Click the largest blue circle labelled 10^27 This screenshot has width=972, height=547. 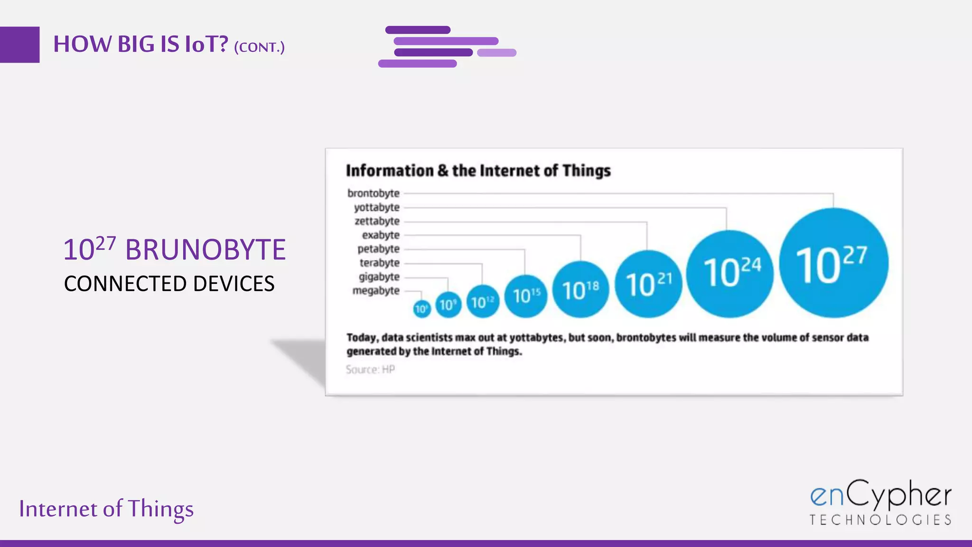pos(833,263)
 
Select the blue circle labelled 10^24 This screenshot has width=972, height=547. pos(730,273)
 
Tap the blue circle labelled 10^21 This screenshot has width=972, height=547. pos(648,284)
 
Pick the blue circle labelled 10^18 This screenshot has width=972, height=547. pos(580,289)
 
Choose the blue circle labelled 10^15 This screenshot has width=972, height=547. pos(525,296)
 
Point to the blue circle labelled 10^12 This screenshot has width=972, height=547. pos(483,302)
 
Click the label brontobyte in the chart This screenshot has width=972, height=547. pos(374,193)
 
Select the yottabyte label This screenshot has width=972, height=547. pos(377,207)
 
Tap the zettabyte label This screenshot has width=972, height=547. pos(377,221)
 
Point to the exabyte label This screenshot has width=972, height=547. pos(381,235)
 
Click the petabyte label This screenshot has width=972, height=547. pos(379,249)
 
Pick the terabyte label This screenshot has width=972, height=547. pos(380,263)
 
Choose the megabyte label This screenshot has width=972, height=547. pos(376,291)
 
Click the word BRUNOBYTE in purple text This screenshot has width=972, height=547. pos(206,250)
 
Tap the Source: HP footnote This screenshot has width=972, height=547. pos(370,369)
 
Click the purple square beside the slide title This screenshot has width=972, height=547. pos(19,45)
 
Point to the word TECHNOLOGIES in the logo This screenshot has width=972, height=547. pos(880,520)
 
